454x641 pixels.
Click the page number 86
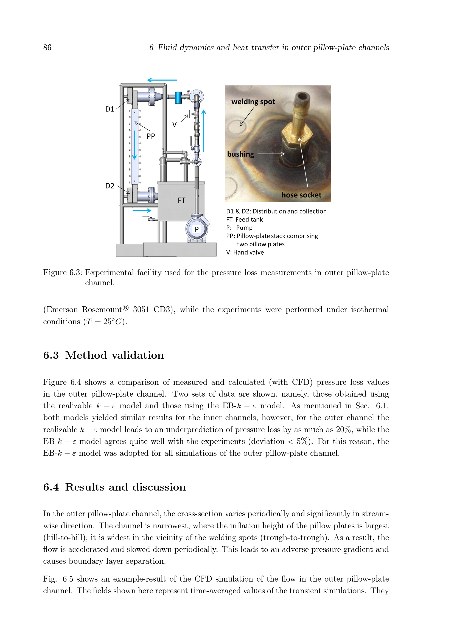point(47,47)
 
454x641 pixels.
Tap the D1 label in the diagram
point(110,109)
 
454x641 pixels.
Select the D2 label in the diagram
point(110,186)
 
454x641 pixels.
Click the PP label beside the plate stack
point(151,136)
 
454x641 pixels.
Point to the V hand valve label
point(175,124)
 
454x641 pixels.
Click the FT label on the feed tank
point(181,200)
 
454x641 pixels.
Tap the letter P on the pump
point(197,229)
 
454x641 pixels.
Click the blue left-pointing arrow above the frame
point(162,80)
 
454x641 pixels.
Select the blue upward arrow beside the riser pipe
point(203,131)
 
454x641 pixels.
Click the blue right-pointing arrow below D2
point(142,210)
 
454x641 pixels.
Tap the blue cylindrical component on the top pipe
point(178,98)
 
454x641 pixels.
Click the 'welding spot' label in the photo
point(253,102)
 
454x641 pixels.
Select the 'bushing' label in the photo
point(240,154)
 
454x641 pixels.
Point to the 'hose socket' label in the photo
point(301,195)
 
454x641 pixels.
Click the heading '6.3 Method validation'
point(103,355)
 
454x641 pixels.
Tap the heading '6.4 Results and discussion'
point(114,487)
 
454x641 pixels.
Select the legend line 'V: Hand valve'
point(245,252)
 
